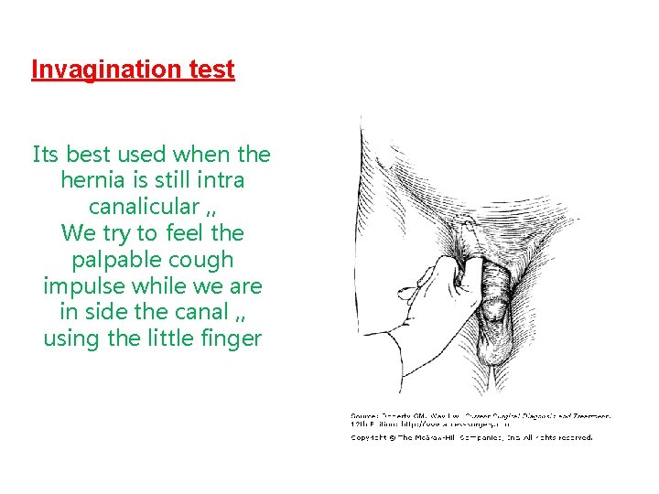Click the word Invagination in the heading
point(102,70)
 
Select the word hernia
point(93,179)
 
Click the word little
point(169,338)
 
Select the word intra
point(215,179)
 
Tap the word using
point(70,338)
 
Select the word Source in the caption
point(366,416)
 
